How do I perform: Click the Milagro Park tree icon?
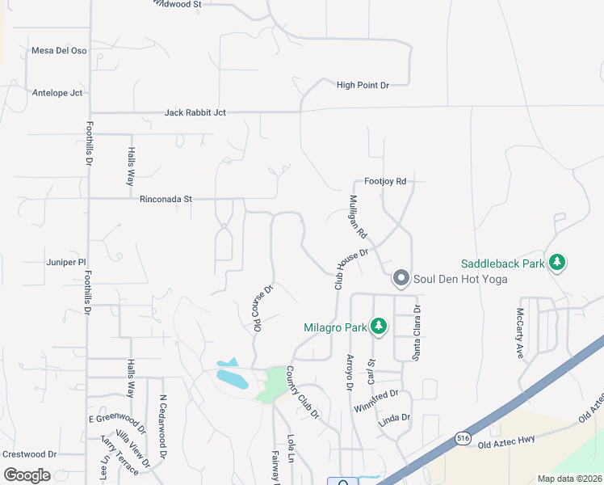click(x=378, y=327)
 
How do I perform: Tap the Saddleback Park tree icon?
click(x=557, y=262)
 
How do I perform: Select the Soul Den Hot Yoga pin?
click(x=401, y=279)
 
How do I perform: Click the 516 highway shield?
click(x=461, y=436)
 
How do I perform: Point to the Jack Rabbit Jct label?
click(x=195, y=112)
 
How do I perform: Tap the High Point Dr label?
click(x=363, y=85)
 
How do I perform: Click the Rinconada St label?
click(x=166, y=198)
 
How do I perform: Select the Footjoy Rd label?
click(x=384, y=182)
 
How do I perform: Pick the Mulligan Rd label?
click(x=358, y=216)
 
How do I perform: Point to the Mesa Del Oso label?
click(x=58, y=50)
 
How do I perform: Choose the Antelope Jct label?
click(x=57, y=92)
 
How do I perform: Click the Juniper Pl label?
click(x=66, y=262)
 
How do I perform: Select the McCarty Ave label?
click(x=520, y=331)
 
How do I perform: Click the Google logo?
click(x=27, y=475)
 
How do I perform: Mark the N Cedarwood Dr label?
click(x=163, y=427)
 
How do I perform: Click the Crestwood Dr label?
click(x=29, y=454)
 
